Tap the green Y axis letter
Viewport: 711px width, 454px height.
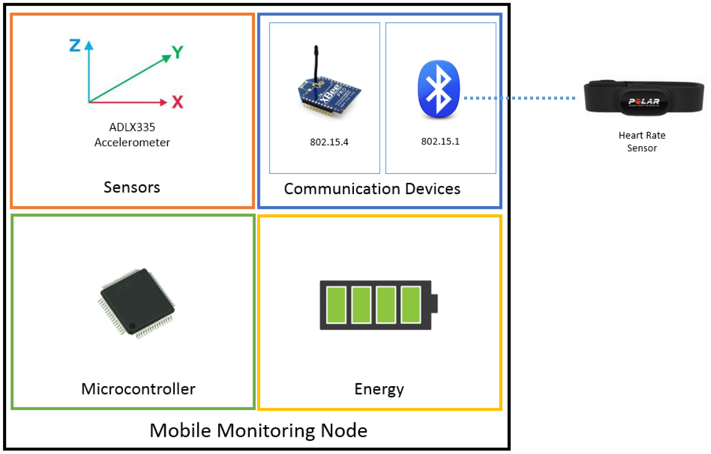[x=177, y=52]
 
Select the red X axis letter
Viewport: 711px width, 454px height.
[x=177, y=102]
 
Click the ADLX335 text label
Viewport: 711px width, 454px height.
[x=132, y=127]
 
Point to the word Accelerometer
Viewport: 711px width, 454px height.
[x=132, y=142]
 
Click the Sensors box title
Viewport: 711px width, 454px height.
[x=132, y=187]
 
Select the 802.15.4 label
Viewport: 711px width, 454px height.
[x=329, y=142]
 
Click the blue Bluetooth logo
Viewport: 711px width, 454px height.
[x=439, y=89]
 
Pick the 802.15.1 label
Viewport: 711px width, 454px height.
[x=440, y=141]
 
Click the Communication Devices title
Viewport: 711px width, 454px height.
[x=372, y=189]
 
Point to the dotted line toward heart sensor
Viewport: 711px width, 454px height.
[x=520, y=98]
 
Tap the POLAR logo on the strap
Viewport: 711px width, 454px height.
[x=644, y=101]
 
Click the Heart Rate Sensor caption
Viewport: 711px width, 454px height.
[x=642, y=141]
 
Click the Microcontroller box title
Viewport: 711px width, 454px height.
[x=138, y=389]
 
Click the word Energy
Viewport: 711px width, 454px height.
[x=379, y=389]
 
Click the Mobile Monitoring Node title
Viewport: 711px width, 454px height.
[x=258, y=430]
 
